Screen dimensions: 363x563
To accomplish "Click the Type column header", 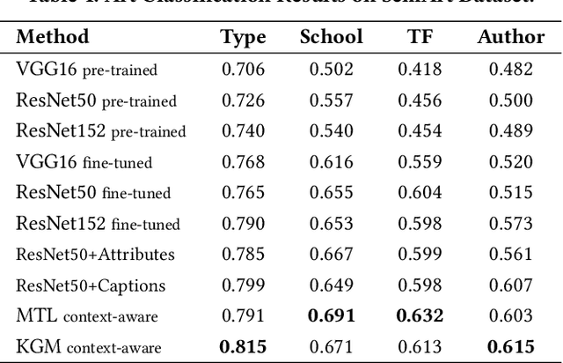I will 243,37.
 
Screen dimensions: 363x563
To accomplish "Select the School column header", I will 331,37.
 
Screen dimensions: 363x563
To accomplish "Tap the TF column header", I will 420,37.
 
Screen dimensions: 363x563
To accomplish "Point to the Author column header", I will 511,37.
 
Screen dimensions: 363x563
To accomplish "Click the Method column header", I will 53,37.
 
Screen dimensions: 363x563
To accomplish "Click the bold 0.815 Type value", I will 243,347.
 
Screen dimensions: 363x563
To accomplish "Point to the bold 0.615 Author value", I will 511,347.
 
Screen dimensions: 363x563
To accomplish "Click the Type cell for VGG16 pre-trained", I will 243,70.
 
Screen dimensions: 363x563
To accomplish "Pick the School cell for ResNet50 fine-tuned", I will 331,193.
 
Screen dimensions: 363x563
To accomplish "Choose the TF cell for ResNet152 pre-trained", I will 420,131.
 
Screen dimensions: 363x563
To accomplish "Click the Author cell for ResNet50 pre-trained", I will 511,100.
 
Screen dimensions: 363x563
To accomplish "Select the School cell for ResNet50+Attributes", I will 331,255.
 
